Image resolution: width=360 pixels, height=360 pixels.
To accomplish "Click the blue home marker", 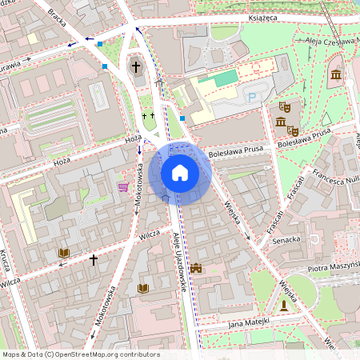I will pos(179,172).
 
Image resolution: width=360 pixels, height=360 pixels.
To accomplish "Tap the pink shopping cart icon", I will pos(123,186).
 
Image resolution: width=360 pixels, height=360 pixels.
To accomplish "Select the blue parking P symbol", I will pos(253,98).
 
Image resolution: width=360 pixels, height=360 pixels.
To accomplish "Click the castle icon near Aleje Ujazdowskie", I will pos(196,268).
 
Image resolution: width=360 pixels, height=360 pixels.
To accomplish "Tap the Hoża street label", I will pos(133,138).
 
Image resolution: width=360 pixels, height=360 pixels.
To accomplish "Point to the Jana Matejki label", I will pos(248,321).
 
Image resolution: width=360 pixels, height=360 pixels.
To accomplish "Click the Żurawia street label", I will pos(14,65).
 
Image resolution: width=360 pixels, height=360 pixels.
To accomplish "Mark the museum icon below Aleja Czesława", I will pos(335,75).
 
